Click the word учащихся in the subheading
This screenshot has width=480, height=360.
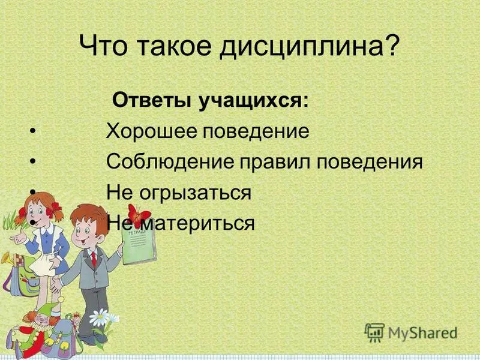(x=253, y=101)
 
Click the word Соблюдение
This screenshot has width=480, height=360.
(x=170, y=162)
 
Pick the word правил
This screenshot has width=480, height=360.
(x=274, y=162)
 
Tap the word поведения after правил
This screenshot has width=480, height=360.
(x=369, y=162)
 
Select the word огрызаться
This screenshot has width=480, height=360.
(x=195, y=194)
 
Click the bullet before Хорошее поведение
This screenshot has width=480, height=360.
(x=32, y=131)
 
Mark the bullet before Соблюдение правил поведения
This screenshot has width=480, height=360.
(x=32, y=162)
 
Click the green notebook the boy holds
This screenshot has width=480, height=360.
(x=139, y=246)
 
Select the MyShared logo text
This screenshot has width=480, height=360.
(x=422, y=333)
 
